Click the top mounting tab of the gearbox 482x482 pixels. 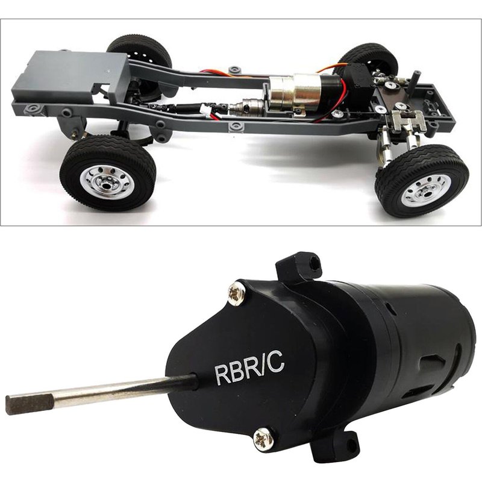point(299,264)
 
